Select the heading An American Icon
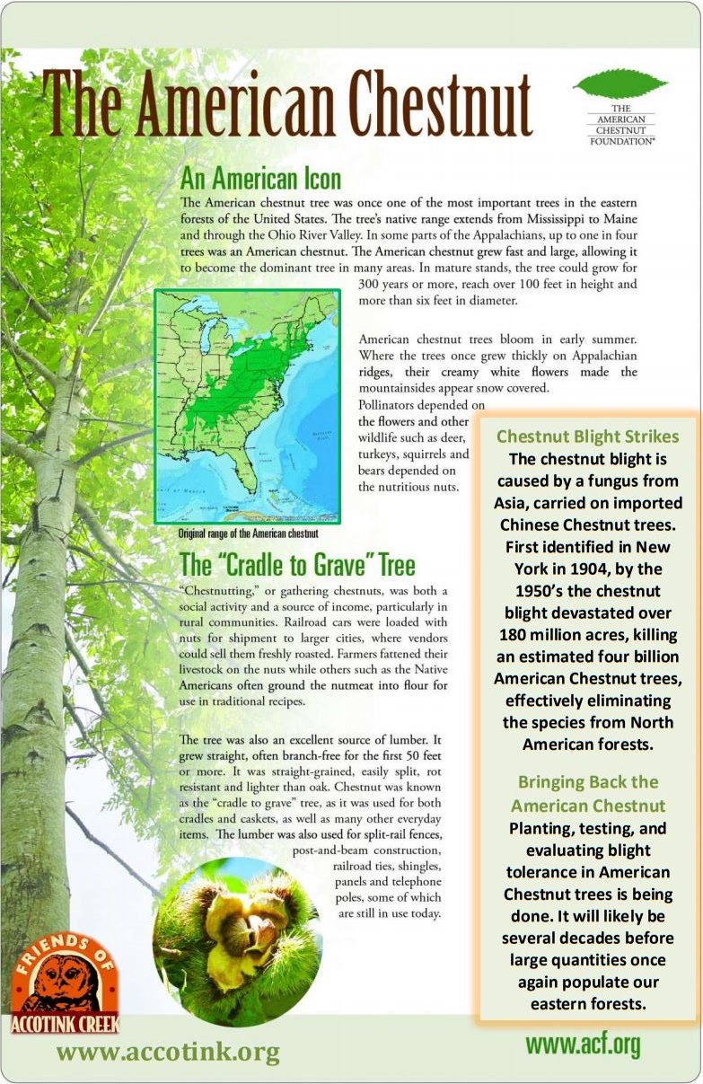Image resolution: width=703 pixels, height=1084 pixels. click(260, 178)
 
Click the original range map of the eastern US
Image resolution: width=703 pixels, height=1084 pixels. click(247, 405)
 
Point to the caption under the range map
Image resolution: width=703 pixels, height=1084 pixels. click(248, 533)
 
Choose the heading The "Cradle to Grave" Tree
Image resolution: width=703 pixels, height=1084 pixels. click(297, 566)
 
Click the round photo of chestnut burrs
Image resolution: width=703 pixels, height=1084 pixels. click(237, 929)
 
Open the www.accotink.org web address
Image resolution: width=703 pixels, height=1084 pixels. click(168, 1052)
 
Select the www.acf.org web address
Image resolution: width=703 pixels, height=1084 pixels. click(583, 1044)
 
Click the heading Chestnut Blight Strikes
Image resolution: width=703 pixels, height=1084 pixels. click(587, 437)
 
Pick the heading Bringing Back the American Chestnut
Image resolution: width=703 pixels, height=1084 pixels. click(588, 793)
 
